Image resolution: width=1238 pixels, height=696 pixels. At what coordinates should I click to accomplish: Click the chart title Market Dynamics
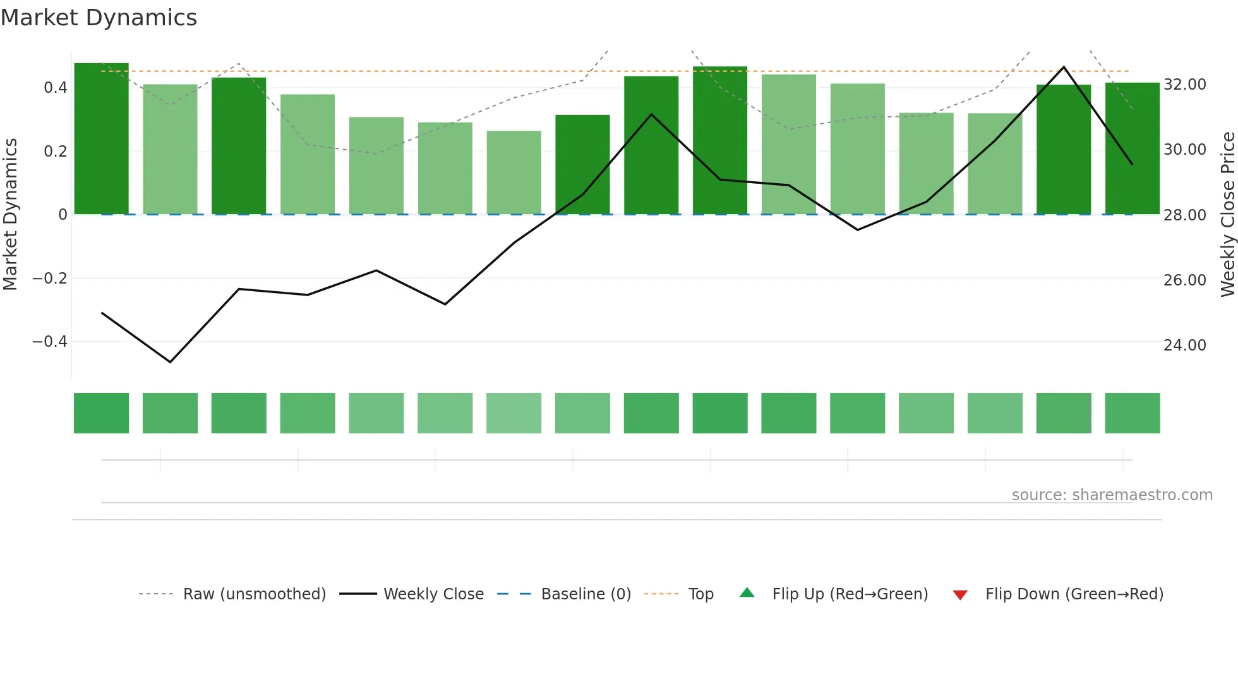click(99, 18)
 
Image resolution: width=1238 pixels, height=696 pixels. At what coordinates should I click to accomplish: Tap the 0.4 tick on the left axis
click(55, 87)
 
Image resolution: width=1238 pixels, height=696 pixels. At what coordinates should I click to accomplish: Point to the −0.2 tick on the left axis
click(49, 278)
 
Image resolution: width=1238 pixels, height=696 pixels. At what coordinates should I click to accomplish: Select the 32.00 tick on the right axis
click(1184, 84)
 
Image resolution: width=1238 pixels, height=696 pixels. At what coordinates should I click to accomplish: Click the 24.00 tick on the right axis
click(1184, 345)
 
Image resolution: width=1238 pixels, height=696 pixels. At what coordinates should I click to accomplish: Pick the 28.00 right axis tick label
click(1184, 215)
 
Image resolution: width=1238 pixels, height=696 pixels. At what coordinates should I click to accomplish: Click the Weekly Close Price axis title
click(1227, 214)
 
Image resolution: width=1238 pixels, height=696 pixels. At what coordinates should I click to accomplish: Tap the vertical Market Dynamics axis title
click(10, 214)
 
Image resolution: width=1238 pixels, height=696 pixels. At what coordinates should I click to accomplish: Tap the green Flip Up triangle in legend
click(747, 592)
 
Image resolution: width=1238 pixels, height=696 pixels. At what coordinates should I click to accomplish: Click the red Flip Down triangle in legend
click(960, 595)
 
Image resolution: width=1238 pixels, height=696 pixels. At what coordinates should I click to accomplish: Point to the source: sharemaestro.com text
click(1112, 495)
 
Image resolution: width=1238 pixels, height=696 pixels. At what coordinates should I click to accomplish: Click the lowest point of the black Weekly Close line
click(170, 362)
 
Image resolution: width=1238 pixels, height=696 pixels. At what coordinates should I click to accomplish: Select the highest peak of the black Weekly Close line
click(1064, 67)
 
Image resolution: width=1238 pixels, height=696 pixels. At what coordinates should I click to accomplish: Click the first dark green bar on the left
click(101, 139)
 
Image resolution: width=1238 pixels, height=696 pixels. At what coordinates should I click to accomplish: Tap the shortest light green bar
click(514, 172)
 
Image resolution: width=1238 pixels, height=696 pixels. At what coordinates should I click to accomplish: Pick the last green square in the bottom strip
click(1132, 413)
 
